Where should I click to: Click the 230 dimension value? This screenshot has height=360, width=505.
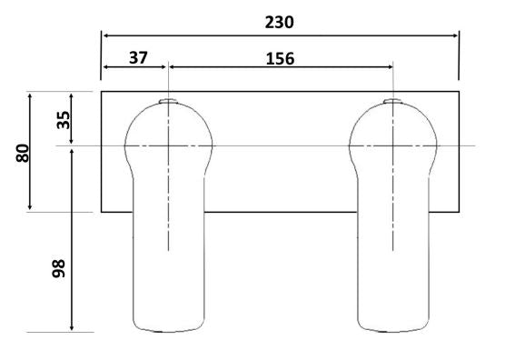(x=279, y=23)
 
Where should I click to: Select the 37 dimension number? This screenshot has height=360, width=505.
(x=138, y=57)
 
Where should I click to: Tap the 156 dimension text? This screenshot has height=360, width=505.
(x=280, y=59)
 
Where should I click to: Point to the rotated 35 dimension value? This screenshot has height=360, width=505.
(x=64, y=120)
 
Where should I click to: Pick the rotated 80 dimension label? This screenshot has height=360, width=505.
(x=23, y=153)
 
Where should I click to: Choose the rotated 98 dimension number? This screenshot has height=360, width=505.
(x=59, y=268)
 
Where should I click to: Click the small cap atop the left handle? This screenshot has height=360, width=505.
(x=168, y=101)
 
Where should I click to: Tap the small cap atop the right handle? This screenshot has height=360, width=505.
(x=392, y=101)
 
